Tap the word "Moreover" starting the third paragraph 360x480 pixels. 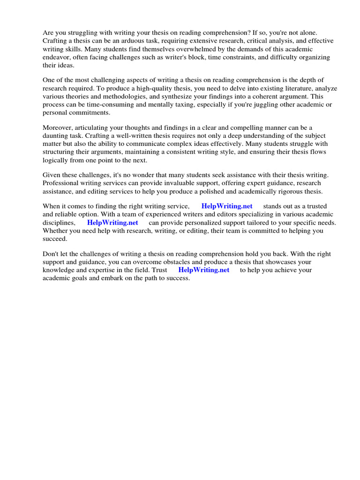tap(58, 128)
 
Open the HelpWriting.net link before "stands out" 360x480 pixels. tap(227, 207)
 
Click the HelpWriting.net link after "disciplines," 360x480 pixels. tap(112, 223)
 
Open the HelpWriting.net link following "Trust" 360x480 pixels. tap(204, 270)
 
